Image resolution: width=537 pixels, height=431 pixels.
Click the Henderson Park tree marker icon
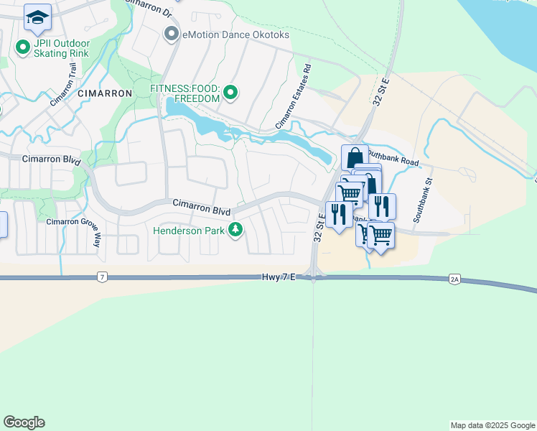[x=235, y=230]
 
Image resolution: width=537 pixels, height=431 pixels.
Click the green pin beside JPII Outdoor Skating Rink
[x=22, y=47]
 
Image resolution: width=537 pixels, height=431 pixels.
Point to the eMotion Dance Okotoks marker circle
[x=171, y=33]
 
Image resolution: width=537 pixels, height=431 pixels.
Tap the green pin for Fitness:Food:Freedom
[x=230, y=92]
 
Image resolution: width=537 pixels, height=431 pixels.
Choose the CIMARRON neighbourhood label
[x=105, y=93]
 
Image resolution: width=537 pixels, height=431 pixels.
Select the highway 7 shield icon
[x=103, y=277]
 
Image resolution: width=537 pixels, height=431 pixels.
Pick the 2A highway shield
[x=454, y=278]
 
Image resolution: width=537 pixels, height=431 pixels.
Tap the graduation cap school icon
[x=37, y=17]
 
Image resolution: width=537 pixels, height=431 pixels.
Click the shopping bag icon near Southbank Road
[x=355, y=156]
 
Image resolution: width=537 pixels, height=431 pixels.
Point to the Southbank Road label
[x=393, y=158]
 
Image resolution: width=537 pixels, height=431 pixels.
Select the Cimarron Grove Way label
[x=73, y=221]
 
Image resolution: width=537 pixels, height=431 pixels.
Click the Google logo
[x=24, y=422]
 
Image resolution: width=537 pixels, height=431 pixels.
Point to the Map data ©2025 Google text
[x=492, y=425]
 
